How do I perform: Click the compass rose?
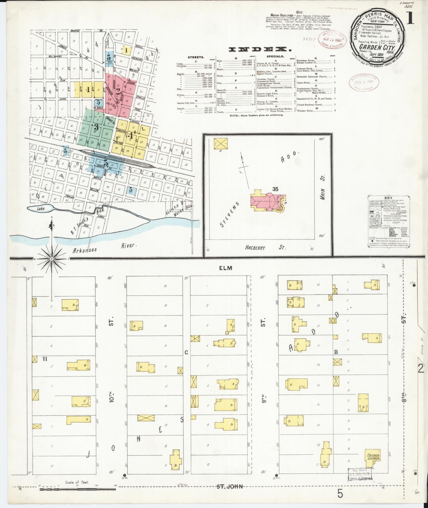(x=52, y=258)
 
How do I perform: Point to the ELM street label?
(x=226, y=268)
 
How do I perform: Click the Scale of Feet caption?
(x=77, y=482)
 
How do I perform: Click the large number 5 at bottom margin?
(x=340, y=494)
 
